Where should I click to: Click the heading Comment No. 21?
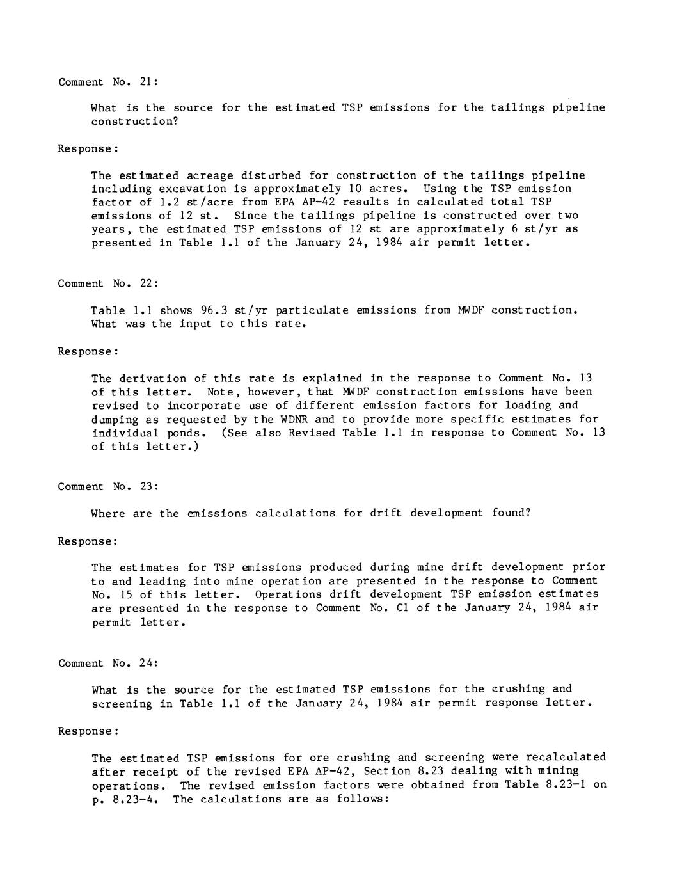[107, 82]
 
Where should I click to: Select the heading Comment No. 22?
[107, 283]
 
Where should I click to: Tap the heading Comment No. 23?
[107, 486]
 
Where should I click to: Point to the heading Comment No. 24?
[107, 664]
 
